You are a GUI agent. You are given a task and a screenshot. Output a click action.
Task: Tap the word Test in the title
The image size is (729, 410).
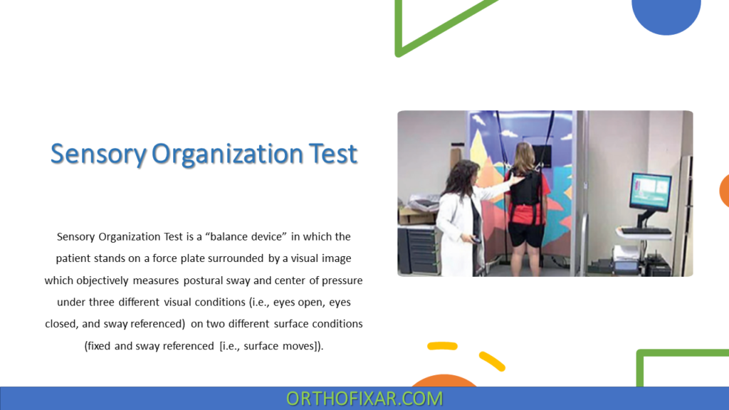(332, 154)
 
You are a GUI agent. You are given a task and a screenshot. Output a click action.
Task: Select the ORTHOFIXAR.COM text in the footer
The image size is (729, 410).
(364, 399)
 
